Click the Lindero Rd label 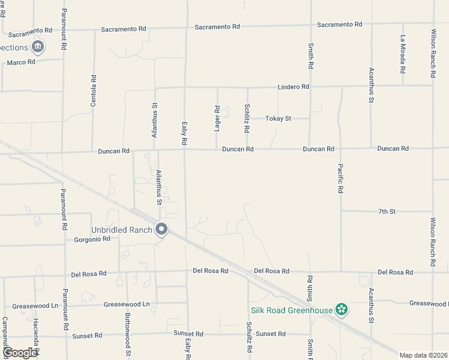(293, 87)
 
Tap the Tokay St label (279, 119)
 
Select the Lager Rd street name (217, 117)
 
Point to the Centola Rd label (93, 91)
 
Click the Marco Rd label (21, 62)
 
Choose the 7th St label (387, 212)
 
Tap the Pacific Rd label (340, 178)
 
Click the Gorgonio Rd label (92, 239)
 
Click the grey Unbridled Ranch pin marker (161, 229)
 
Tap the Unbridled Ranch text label (122, 230)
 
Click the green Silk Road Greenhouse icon (342, 310)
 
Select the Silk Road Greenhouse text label (291, 310)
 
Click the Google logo (20, 353)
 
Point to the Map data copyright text (424, 355)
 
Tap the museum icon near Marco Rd (38, 47)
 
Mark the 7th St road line (360, 212)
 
